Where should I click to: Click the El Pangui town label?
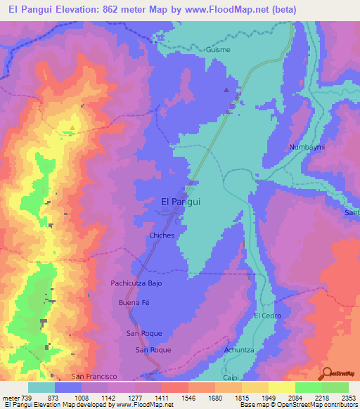(181, 201)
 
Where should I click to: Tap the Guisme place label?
(218, 51)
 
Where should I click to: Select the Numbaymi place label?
(304, 148)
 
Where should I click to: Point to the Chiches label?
(161, 235)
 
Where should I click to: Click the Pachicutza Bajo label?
(136, 283)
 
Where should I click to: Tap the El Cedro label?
(268, 316)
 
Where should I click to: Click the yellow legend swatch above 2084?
(281, 387)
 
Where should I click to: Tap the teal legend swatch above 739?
(41, 387)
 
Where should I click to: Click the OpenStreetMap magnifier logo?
(327, 372)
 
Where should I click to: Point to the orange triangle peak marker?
(71, 128)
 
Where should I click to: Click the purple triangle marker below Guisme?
(226, 90)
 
